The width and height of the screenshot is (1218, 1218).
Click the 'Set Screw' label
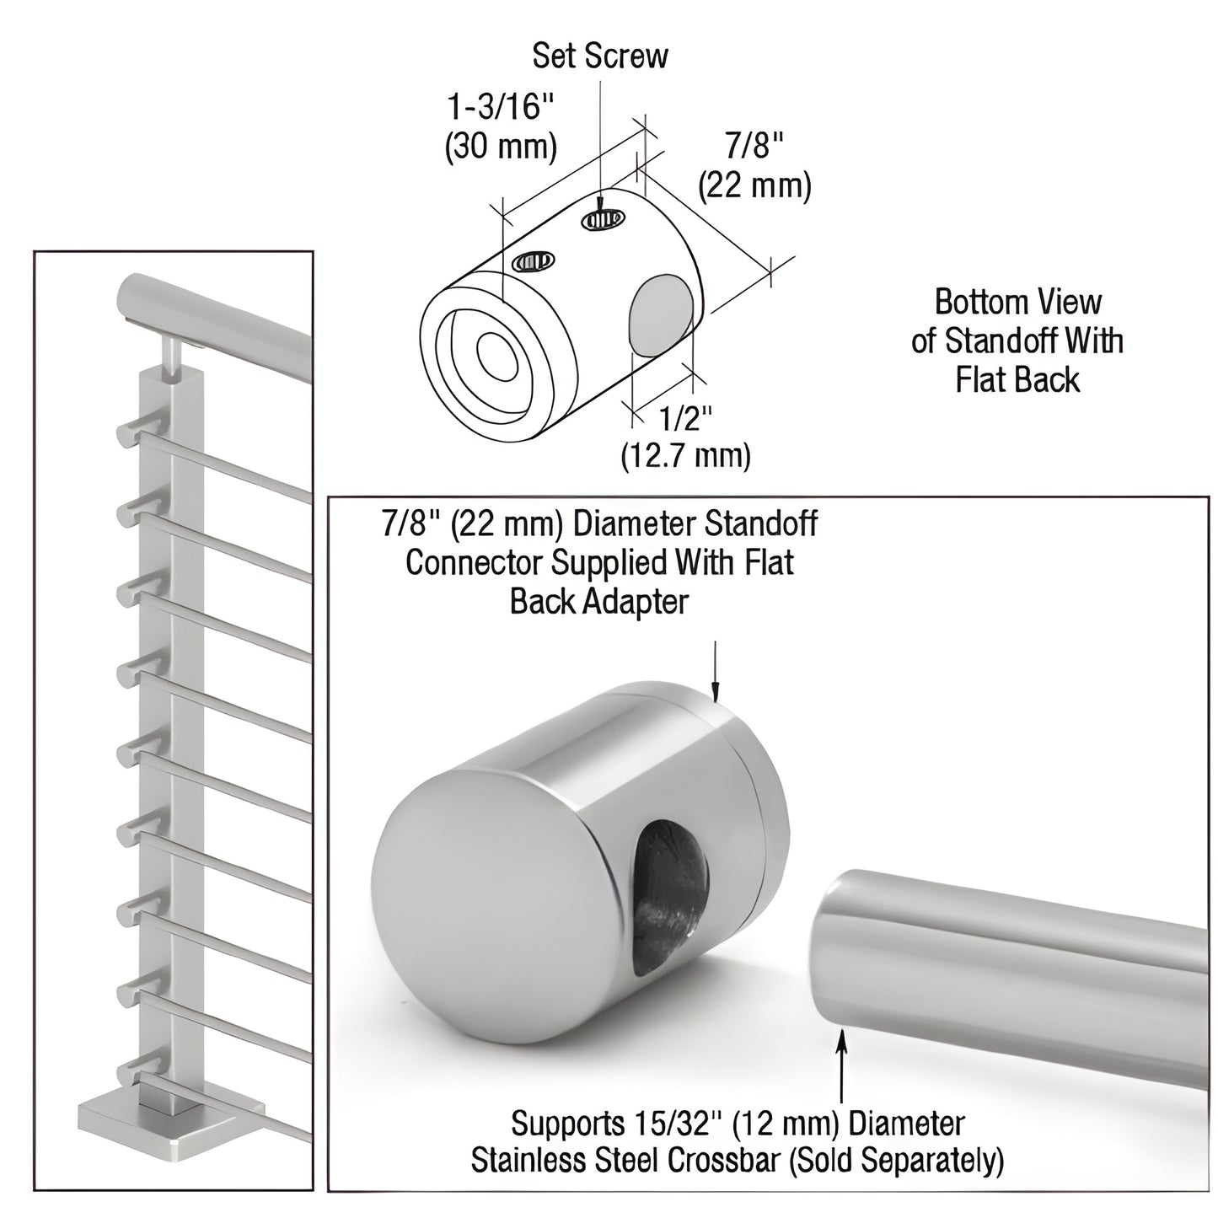coord(600,56)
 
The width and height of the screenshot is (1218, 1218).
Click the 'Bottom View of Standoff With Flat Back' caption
coord(1017,341)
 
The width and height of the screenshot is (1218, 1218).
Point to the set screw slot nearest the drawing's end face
coord(533,261)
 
